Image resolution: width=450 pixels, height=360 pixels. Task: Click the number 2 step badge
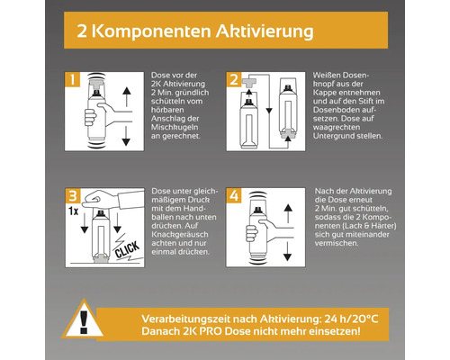[x=234, y=79]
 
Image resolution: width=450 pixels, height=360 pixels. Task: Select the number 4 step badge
[x=234, y=195]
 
